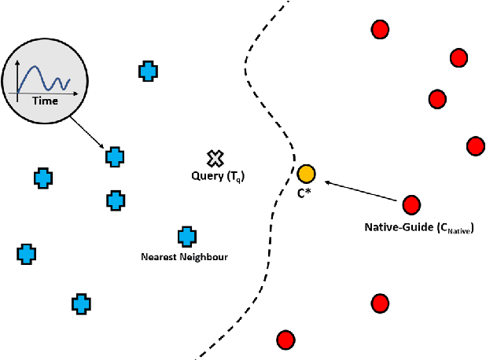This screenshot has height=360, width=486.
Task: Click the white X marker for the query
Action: [212, 159]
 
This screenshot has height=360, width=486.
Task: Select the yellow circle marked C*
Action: [306, 173]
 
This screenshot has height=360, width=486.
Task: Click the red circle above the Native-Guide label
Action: [411, 205]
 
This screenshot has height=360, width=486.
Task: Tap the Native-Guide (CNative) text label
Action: [418, 227]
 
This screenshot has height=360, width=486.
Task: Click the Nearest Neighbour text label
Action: [184, 256]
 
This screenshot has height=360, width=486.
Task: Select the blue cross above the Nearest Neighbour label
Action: [186, 236]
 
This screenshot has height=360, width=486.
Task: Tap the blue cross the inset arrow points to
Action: [116, 156]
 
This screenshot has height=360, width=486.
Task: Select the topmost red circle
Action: [380, 30]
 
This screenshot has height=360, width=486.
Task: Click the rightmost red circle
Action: [475, 145]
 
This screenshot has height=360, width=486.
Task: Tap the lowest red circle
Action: [285, 340]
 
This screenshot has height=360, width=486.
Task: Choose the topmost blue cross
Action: [147, 72]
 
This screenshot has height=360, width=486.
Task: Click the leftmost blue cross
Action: [27, 254]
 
